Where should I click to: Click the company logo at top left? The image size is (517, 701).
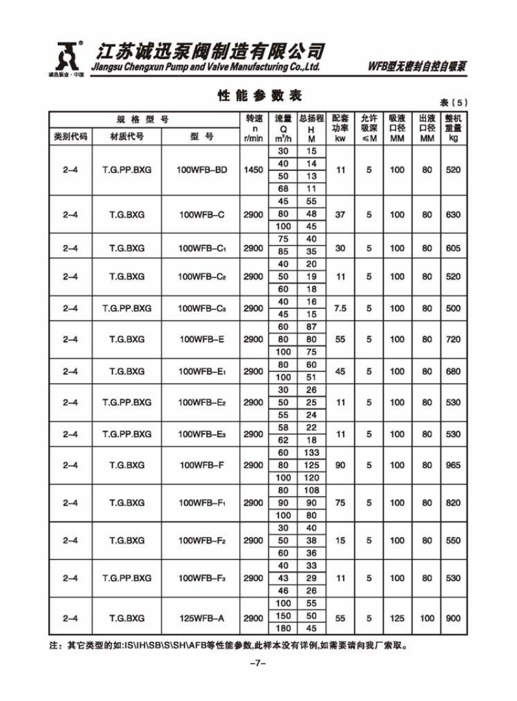click(x=66, y=58)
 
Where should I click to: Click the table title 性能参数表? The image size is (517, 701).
click(x=259, y=96)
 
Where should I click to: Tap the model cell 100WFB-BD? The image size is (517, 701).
click(x=202, y=170)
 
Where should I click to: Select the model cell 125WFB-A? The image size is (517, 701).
click(x=202, y=618)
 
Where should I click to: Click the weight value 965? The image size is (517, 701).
click(x=453, y=465)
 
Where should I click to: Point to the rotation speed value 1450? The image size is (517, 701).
click(x=254, y=170)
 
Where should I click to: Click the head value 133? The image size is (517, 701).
click(x=312, y=453)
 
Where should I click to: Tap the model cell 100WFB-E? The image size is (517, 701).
click(x=202, y=339)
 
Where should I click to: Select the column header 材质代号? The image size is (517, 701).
click(x=127, y=137)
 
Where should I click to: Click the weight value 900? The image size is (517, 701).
click(x=453, y=618)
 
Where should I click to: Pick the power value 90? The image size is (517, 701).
click(x=340, y=465)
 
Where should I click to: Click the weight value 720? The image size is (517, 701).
click(x=453, y=339)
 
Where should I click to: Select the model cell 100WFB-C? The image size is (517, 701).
click(x=202, y=215)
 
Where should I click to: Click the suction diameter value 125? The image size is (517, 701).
click(x=397, y=618)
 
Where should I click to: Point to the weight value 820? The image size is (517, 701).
click(x=453, y=503)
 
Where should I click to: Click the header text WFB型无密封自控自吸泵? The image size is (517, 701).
click(x=418, y=66)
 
